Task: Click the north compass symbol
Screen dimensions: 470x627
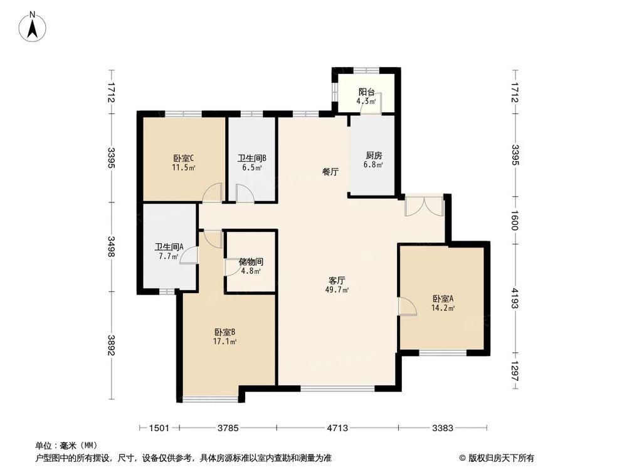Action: point(32,27)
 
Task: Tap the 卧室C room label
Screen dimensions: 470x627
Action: point(183,163)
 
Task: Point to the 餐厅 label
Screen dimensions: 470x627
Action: point(330,172)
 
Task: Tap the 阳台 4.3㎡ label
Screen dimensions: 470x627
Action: point(366,96)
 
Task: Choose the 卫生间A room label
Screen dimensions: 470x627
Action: point(169,251)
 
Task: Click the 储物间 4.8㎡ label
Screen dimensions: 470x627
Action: point(251,266)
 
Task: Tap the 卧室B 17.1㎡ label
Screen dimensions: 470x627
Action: point(224,337)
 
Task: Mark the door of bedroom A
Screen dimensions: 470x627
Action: point(406,306)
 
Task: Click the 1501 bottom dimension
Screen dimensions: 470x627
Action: point(159,429)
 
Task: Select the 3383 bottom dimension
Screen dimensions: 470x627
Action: point(443,429)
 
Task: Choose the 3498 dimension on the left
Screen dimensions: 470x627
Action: point(112,246)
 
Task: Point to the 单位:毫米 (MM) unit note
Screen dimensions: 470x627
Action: point(63,446)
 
